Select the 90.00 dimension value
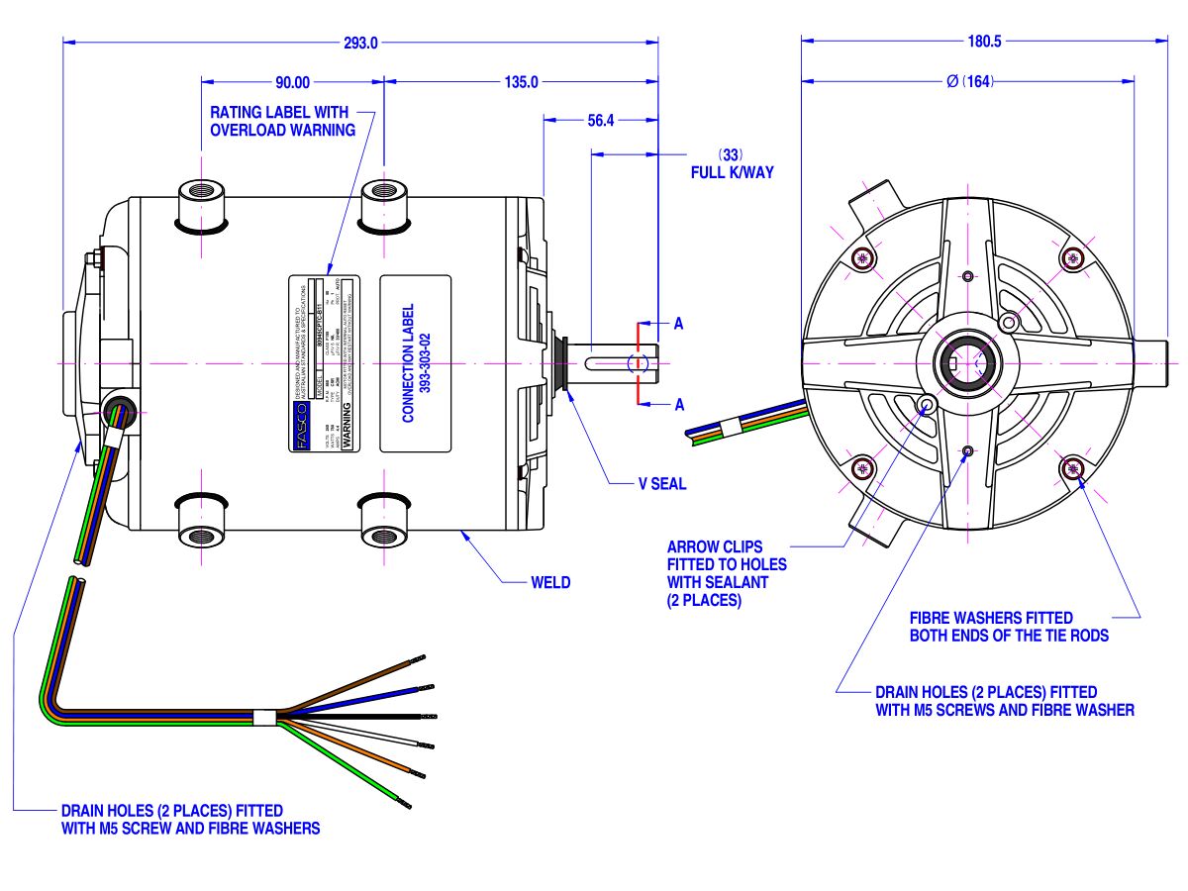click(x=292, y=82)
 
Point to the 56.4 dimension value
click(x=601, y=121)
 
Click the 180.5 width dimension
click(x=983, y=43)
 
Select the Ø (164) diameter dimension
click(x=970, y=82)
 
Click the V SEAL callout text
click(x=662, y=484)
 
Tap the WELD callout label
click(x=550, y=582)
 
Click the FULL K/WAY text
click(x=732, y=171)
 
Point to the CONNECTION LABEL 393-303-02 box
click(x=416, y=363)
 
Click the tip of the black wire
click(x=432, y=715)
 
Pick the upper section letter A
click(x=678, y=324)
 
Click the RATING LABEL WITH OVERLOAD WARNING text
click(x=282, y=122)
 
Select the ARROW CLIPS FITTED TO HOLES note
click(x=728, y=573)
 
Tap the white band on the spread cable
click(x=265, y=718)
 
